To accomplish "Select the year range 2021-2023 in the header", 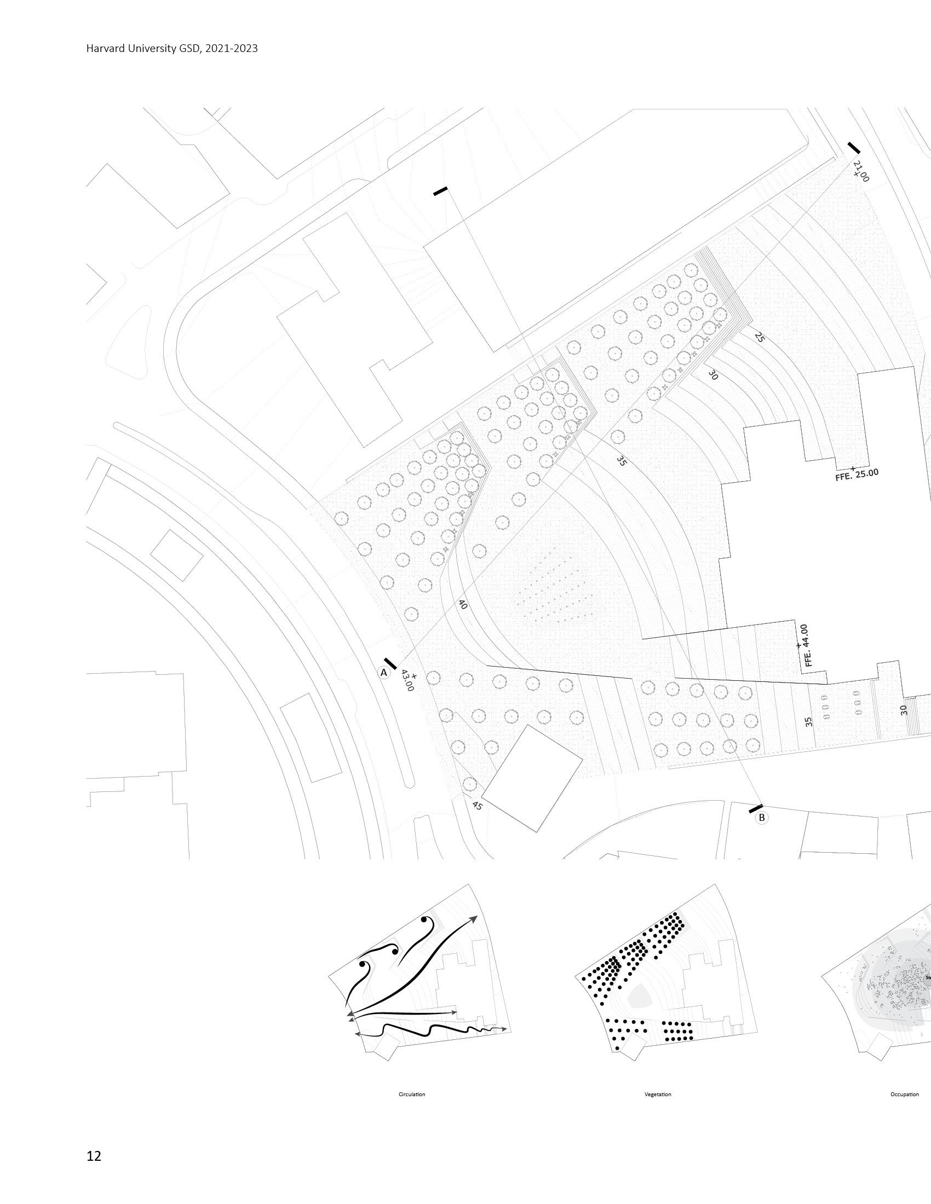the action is tap(231, 49).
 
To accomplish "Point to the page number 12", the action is tap(94, 1156).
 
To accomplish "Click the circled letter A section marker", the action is tap(384, 673).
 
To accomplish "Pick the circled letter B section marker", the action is tap(762, 818).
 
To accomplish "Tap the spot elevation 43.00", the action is tap(408, 681).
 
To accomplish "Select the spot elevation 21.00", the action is tap(860, 171).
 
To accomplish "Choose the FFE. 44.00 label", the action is tap(806, 645).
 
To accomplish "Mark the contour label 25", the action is tap(759, 337).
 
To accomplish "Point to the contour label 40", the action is tap(463, 604).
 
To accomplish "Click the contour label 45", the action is tap(477, 806).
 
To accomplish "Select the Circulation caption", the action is tap(412, 1095).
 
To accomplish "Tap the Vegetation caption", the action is tap(657, 1095).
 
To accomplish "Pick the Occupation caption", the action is tap(905, 1095).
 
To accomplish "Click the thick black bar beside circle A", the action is tap(390, 664).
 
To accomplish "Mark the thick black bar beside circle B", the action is tap(756, 809).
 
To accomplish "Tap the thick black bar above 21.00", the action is tap(853, 148).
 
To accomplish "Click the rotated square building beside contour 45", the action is tap(532, 778).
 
